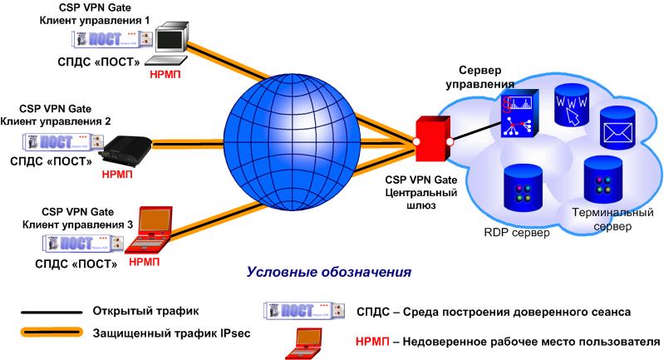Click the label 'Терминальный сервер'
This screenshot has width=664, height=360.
point(604,219)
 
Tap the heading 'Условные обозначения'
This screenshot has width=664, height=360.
point(329,272)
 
